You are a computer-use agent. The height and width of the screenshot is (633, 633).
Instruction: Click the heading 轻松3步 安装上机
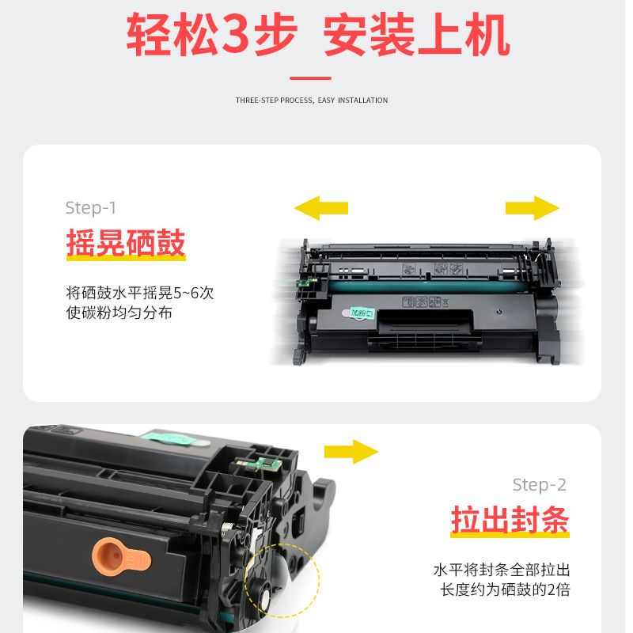tap(318, 34)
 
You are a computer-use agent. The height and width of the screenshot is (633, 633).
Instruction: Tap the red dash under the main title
tap(310, 78)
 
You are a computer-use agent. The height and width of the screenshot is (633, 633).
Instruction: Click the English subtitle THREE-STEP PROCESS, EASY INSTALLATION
tap(312, 100)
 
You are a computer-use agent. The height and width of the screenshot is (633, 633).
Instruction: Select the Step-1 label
tap(91, 208)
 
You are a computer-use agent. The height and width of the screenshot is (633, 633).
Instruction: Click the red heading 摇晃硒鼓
tap(126, 243)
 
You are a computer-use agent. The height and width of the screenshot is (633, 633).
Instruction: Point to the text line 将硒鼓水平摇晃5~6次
tap(140, 293)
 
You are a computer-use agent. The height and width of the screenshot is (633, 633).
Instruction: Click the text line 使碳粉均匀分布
tap(119, 313)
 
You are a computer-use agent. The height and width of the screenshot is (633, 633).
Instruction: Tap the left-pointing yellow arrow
tap(321, 208)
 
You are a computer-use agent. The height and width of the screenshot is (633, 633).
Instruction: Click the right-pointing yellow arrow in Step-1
tap(533, 208)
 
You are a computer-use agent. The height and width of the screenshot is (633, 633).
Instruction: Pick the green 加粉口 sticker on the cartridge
tap(359, 313)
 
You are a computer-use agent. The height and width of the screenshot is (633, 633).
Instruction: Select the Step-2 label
tap(540, 485)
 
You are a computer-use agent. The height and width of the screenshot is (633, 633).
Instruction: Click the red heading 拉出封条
tap(510, 520)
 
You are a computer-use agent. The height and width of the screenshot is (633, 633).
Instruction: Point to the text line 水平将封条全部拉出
tap(502, 570)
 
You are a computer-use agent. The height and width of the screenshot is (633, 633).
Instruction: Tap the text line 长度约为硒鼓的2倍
tap(505, 589)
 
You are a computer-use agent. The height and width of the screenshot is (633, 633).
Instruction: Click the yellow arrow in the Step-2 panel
tap(351, 452)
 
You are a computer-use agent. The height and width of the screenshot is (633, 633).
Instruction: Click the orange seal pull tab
tap(121, 559)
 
